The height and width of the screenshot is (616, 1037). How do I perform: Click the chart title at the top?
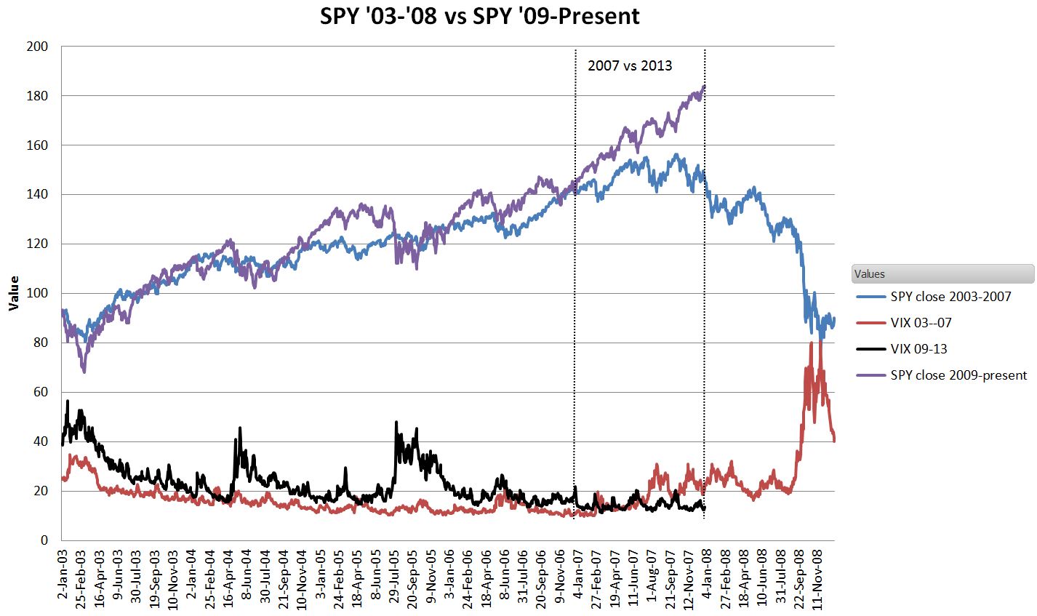tap(480, 16)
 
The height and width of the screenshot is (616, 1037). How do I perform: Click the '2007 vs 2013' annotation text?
tap(630, 66)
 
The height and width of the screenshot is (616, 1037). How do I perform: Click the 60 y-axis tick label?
tap(41, 392)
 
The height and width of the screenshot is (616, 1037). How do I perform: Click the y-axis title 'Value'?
tap(13, 293)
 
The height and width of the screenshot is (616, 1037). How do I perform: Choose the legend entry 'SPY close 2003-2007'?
tap(950, 297)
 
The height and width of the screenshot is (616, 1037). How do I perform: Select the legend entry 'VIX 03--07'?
tap(921, 323)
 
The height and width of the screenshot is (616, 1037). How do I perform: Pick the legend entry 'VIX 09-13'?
tap(918, 349)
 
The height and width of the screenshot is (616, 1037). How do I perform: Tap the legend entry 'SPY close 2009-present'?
tap(958, 375)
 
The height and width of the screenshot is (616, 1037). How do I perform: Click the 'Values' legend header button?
tap(942, 274)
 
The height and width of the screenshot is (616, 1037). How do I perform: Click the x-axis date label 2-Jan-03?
tap(62, 578)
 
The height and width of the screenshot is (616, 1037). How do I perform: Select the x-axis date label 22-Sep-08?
tap(798, 580)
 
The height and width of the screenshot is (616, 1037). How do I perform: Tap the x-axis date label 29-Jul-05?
tap(394, 580)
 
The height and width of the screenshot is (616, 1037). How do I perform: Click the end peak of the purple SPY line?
tap(704, 87)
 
